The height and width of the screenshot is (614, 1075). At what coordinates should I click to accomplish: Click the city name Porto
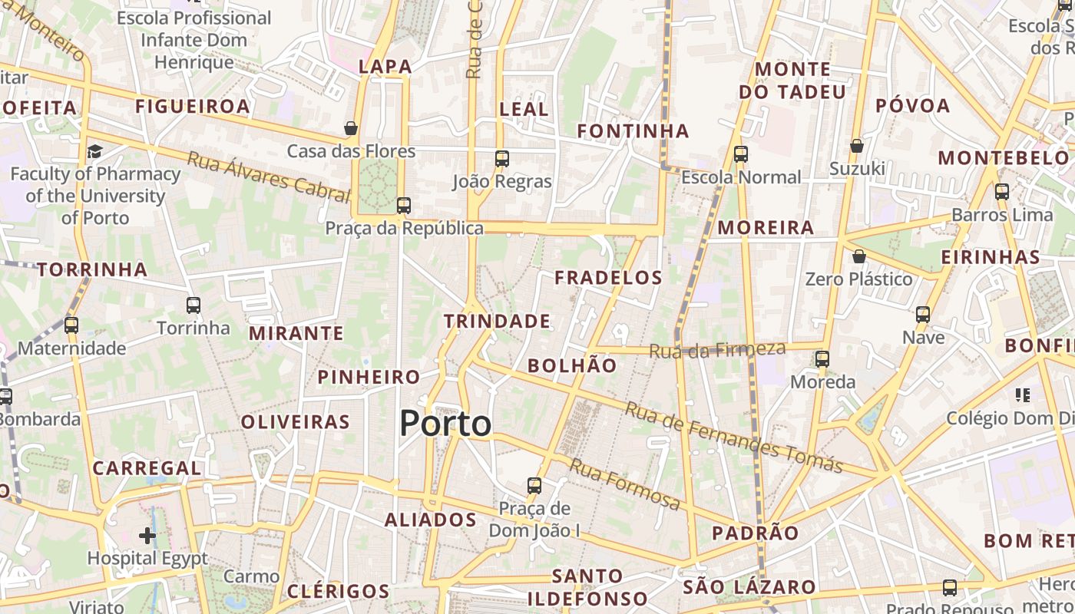(x=445, y=424)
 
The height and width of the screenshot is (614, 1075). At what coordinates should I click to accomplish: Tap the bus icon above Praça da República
(x=403, y=206)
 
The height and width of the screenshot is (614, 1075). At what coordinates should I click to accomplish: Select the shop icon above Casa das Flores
(x=351, y=128)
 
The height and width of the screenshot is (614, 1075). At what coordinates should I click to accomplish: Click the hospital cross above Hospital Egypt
(x=147, y=535)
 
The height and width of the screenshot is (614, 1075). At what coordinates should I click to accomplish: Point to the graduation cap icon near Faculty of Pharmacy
(x=94, y=151)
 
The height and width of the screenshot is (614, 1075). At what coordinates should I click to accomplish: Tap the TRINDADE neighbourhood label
(x=497, y=321)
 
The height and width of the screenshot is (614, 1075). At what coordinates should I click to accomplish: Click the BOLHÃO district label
(x=572, y=365)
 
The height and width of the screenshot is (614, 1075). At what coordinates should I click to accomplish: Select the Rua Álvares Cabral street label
(x=268, y=177)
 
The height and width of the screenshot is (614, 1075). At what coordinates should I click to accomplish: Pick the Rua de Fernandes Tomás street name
(x=733, y=437)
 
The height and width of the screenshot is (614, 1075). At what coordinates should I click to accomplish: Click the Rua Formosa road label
(x=625, y=484)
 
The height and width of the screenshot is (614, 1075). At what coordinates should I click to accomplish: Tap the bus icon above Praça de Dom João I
(x=534, y=486)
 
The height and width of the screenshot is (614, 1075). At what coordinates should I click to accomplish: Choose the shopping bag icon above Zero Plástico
(x=859, y=256)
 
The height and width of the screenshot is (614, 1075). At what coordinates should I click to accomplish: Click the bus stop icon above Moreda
(x=822, y=358)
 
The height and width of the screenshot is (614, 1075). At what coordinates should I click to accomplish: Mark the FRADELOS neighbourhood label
(x=608, y=277)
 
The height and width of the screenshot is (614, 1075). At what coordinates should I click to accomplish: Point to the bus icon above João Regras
(x=502, y=159)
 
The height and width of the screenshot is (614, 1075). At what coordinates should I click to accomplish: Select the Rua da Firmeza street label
(x=717, y=350)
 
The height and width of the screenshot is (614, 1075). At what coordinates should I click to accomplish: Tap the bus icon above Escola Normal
(x=741, y=154)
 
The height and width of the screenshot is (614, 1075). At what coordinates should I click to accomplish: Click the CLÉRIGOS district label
(x=338, y=591)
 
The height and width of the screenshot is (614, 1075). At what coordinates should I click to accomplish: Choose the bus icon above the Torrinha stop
(x=193, y=305)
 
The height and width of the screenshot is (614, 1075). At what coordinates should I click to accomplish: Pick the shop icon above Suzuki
(x=857, y=146)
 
